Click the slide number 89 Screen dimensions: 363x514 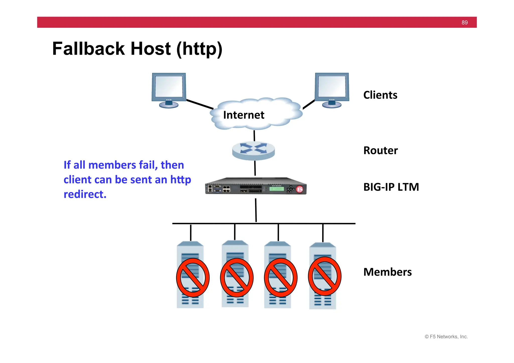464,23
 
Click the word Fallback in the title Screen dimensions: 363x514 88,49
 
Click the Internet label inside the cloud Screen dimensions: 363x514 243,115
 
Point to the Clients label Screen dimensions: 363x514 380,95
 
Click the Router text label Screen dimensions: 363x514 380,151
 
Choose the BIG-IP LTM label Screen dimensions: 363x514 391,187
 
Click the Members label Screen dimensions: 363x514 387,272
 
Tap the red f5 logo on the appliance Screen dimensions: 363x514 300,189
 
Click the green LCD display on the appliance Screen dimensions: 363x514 277,189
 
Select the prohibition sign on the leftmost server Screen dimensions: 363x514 192,278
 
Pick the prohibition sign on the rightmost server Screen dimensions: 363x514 325,276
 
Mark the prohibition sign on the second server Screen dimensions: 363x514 237,278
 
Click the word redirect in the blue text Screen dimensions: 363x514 85,194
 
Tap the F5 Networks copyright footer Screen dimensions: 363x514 446,337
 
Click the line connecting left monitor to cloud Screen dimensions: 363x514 200,104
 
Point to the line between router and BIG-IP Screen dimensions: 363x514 255,168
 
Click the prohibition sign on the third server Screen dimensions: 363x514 281,278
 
